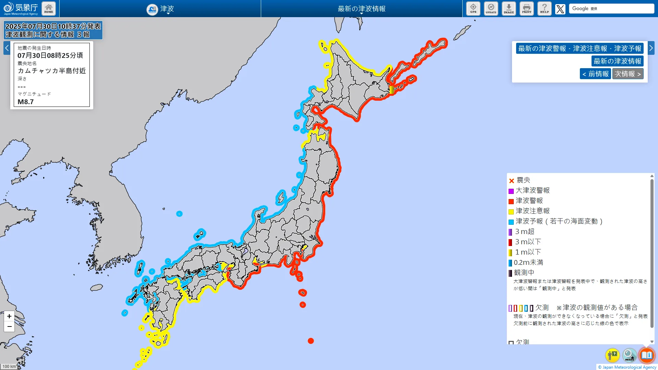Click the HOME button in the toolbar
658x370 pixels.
[x=49, y=9]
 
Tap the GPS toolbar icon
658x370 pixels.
[x=473, y=9]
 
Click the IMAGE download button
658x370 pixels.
[x=509, y=9]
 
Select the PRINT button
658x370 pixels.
[x=527, y=9]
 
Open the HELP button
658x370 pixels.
[x=545, y=9]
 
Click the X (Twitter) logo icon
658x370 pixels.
[x=560, y=9]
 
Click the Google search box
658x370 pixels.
[x=611, y=9]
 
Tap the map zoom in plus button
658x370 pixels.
[x=9, y=316]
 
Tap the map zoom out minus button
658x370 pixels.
[x=9, y=326]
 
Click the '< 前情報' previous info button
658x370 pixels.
[x=595, y=74]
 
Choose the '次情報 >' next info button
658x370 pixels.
[x=628, y=74]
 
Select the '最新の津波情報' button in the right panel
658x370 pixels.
[x=617, y=61]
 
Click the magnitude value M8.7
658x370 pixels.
[x=26, y=102]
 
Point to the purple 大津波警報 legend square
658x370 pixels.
[x=511, y=191]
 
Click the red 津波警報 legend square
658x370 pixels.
[x=511, y=201]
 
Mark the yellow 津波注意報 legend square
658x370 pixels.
[x=511, y=212]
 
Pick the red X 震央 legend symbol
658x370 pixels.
[x=512, y=181]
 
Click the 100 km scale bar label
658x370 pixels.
[x=9, y=367]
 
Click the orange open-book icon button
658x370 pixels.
[x=647, y=355]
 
